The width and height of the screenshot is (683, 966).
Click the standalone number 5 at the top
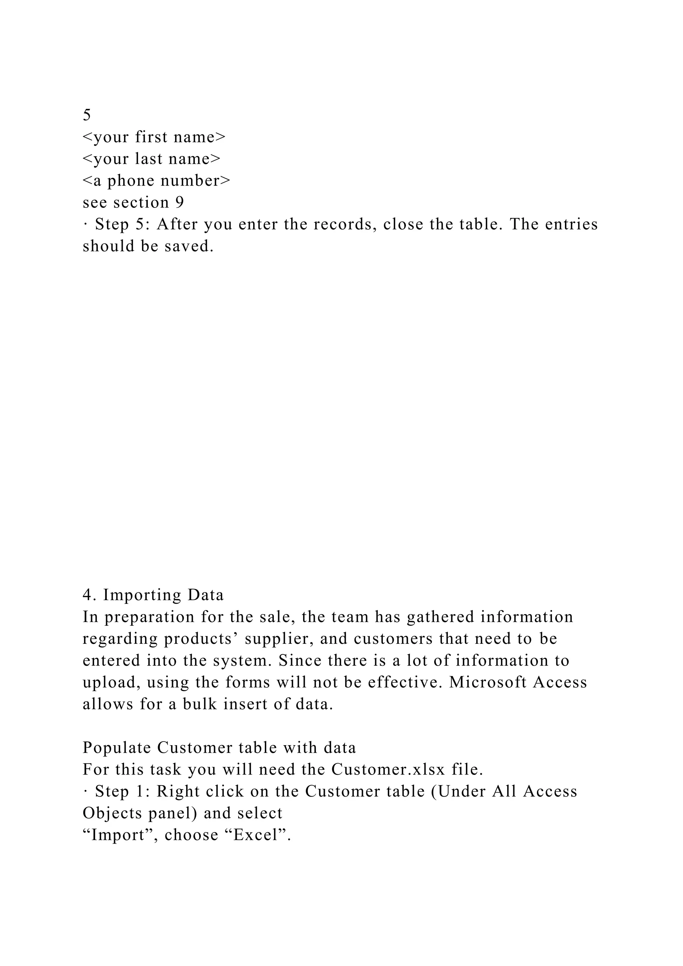(87, 115)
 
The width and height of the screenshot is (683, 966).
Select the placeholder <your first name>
(154, 137)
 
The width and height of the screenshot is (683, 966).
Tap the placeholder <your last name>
(151, 159)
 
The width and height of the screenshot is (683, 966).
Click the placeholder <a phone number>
(156, 181)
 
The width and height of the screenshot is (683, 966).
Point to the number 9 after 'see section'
(179, 203)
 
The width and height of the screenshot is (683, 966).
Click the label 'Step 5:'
(120, 225)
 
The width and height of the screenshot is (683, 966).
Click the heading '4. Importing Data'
(153, 595)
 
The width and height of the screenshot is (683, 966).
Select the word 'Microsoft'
(488, 682)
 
